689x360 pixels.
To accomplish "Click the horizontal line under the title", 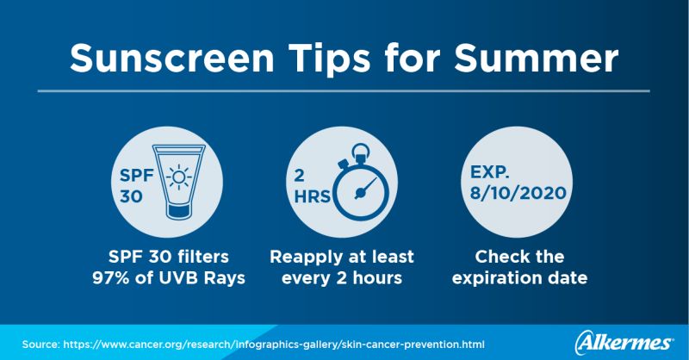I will point(344,89).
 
